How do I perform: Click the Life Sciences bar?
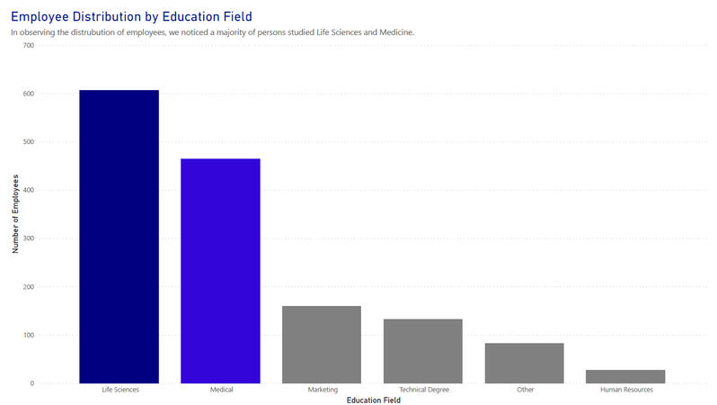[119, 237]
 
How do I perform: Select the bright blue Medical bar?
[220, 271]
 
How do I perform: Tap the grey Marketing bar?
[322, 345]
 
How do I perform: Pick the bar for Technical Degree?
[422, 351]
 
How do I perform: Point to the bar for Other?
[525, 364]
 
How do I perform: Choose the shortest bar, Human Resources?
[626, 376]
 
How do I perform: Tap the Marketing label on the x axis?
[322, 391]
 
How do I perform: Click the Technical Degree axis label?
[423, 391]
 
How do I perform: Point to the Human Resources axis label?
[626, 391]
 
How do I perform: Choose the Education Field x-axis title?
[373, 400]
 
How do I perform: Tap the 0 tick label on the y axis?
[31, 383]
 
